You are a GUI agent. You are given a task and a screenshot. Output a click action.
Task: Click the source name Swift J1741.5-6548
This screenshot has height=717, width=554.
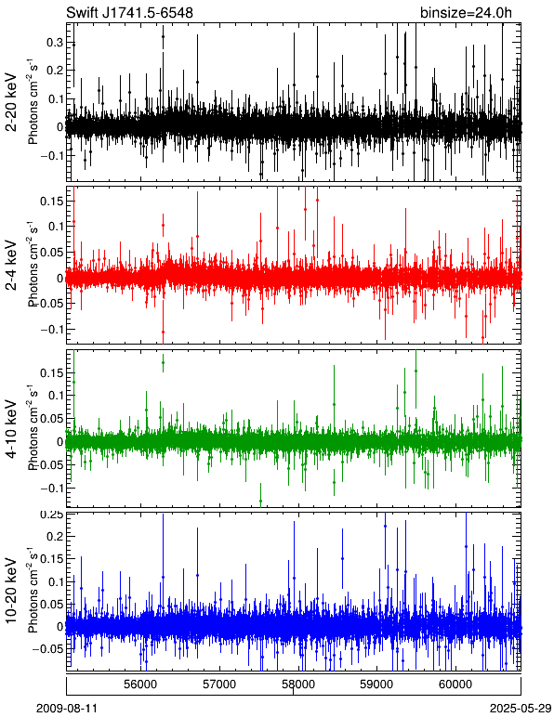click(130, 12)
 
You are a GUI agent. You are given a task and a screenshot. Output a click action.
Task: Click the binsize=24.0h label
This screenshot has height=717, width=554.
click(467, 13)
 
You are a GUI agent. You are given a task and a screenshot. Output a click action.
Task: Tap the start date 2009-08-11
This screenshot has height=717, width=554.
click(67, 709)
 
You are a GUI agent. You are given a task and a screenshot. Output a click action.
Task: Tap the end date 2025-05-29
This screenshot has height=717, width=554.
click(521, 709)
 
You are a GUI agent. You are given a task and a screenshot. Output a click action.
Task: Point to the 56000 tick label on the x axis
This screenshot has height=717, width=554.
click(141, 684)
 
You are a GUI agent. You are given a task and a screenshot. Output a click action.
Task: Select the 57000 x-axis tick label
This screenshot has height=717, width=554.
click(219, 684)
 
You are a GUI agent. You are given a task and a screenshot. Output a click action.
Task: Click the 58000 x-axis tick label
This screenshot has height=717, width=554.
click(298, 684)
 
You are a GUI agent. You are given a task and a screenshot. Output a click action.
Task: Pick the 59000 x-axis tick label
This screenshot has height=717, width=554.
click(377, 684)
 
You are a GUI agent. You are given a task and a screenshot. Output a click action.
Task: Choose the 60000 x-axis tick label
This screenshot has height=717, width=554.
click(455, 684)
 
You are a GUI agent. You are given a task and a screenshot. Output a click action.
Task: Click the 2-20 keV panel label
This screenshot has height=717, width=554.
click(11, 102)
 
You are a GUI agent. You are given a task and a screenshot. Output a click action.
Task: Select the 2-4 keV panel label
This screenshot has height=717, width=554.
click(11, 267)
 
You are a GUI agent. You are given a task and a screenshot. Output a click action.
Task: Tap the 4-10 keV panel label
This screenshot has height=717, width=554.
click(11, 429)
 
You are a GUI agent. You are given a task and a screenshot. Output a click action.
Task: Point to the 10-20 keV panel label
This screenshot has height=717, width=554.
click(11, 591)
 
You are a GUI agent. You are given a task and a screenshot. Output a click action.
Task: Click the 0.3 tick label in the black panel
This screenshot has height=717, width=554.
click(55, 43)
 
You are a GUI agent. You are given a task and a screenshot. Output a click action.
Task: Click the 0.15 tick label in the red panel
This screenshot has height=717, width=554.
click(51, 201)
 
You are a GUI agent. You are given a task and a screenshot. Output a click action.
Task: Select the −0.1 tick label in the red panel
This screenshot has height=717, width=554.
click(51, 330)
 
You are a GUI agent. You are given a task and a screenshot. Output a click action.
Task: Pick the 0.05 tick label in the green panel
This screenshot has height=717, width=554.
click(51, 418)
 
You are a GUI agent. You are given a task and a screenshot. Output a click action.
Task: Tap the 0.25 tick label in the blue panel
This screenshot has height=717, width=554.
click(51, 515)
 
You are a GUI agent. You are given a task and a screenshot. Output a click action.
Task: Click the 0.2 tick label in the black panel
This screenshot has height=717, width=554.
click(55, 71)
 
